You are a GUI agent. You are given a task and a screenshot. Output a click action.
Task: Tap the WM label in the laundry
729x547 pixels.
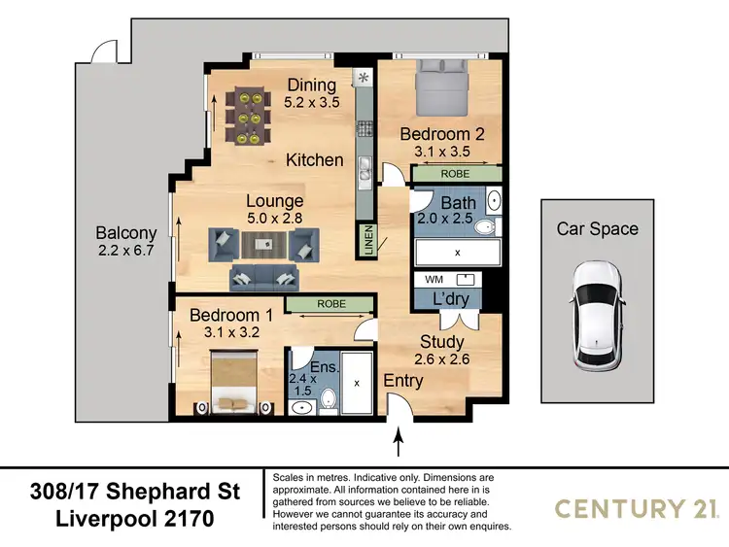click(434, 279)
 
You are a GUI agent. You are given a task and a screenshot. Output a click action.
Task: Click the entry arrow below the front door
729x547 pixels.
click(398, 444)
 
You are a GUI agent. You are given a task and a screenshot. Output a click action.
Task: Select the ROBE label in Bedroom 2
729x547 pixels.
click(455, 174)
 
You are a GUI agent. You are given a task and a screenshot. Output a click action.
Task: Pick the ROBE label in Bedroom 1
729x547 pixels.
click(329, 304)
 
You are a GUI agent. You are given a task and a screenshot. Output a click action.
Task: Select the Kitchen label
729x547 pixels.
click(314, 159)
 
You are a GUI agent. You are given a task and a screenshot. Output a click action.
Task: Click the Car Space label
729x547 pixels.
click(597, 229)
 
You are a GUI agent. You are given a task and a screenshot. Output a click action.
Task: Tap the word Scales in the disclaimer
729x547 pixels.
click(294, 478)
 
